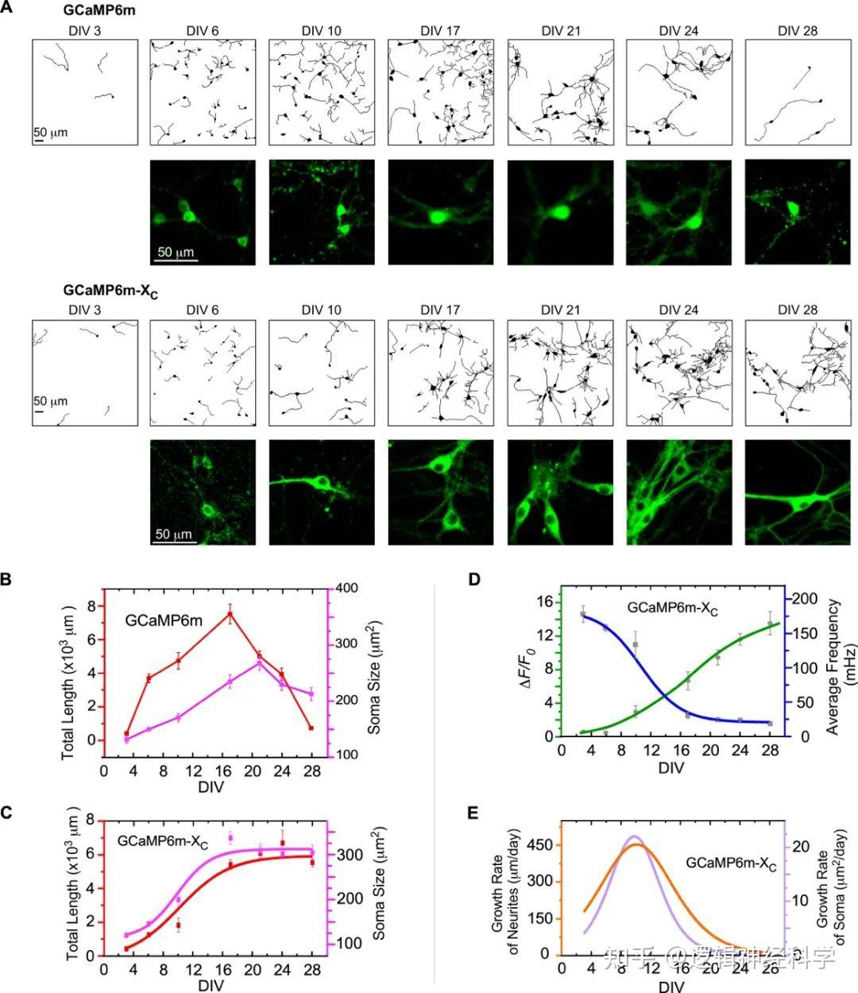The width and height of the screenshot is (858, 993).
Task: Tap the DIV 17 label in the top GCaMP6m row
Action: pos(440,31)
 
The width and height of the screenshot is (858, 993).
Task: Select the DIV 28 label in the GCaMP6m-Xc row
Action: pos(798,310)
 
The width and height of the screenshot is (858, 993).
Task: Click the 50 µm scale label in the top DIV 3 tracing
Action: pos(50,132)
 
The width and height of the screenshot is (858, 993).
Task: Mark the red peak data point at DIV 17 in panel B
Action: pos(230,614)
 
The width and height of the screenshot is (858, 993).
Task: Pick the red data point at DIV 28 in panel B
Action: pos(311,728)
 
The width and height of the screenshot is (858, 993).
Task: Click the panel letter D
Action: pos(474,579)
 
